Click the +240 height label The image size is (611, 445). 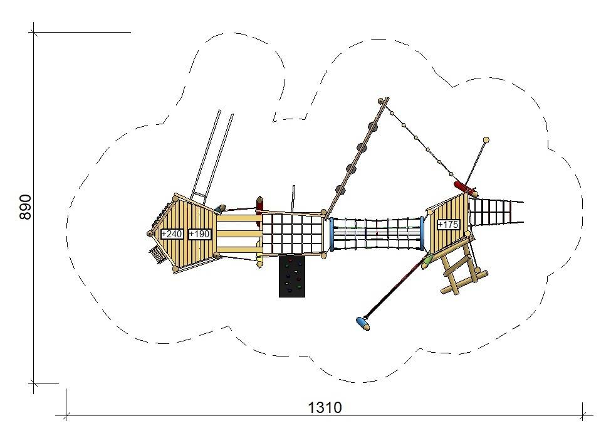[x=172, y=234]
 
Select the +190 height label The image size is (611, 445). [x=200, y=234]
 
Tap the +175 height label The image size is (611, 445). [x=447, y=224]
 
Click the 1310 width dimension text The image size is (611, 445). [x=325, y=408]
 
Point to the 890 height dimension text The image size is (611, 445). [x=26, y=206]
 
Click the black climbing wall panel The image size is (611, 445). [x=291, y=276]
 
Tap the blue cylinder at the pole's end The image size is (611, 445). [x=362, y=323]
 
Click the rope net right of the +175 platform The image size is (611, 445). [x=495, y=212]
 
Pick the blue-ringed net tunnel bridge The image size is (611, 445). [x=377, y=233]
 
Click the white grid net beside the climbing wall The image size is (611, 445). [x=291, y=233]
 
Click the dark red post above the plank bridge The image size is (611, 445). [x=259, y=204]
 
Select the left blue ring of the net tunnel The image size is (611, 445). [x=332, y=234]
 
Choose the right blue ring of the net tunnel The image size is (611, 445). [x=422, y=232]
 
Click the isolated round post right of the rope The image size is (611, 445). [x=486, y=140]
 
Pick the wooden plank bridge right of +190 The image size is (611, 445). [x=239, y=234]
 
